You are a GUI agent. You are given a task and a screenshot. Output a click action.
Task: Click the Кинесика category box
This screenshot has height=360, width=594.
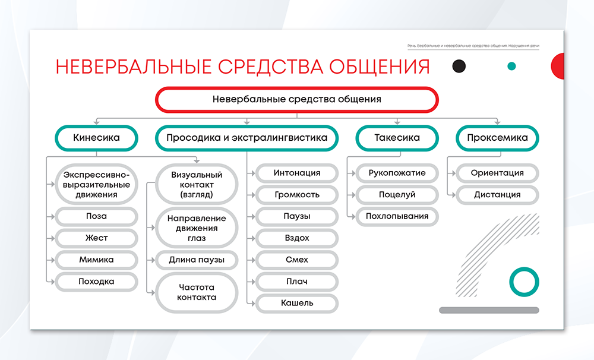coord(96,138)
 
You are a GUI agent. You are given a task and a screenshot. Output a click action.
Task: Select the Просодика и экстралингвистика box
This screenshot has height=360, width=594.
coord(247,138)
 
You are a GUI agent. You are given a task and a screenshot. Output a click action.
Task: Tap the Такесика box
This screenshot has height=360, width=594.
coord(397,138)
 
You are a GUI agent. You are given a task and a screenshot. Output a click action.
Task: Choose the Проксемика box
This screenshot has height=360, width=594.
coord(497,138)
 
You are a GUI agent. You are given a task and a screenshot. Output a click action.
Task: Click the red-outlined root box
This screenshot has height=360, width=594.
coord(297,100)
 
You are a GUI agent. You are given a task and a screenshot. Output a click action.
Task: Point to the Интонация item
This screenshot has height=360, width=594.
coord(297,173)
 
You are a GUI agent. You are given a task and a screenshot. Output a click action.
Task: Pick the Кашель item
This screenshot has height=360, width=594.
coord(297,303)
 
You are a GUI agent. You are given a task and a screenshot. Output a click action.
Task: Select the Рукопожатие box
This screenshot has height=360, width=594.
coord(397,173)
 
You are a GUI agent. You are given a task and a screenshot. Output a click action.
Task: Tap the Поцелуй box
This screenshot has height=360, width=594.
coord(397,195)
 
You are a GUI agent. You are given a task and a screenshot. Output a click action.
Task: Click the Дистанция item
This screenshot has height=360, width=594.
coord(497,195)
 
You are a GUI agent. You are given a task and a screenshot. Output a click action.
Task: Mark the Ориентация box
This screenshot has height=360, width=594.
coord(497,173)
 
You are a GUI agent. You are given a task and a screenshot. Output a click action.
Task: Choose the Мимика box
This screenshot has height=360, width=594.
coord(96,260)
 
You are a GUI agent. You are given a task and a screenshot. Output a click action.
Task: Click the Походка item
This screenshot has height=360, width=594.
coord(96,282)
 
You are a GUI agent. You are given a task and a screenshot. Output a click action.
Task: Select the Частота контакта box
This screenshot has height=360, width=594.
coord(197,292)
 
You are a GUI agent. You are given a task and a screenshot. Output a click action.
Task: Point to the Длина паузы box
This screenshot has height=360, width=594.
coord(197,260)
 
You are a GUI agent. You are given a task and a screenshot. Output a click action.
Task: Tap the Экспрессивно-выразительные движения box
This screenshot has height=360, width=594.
coord(96,185)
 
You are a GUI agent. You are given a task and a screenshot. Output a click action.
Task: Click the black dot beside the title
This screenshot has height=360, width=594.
coord(459,67)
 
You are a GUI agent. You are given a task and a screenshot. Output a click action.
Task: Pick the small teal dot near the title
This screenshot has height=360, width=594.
coord(511,67)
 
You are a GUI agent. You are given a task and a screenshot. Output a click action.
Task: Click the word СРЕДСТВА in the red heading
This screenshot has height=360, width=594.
coord(270,67)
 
